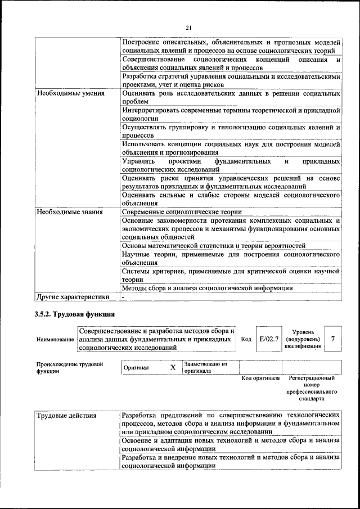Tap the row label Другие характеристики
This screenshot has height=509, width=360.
click(73, 296)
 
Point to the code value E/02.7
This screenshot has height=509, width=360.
click(269, 339)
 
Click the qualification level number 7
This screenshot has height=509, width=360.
click(334, 339)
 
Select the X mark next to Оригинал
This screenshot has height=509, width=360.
click(173, 367)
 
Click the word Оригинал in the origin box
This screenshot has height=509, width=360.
click(136, 368)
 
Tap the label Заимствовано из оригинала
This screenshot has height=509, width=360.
click(205, 368)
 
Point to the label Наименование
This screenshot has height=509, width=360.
click(55, 340)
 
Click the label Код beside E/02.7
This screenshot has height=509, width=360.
click(246, 340)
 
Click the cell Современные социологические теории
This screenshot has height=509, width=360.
click(182, 212)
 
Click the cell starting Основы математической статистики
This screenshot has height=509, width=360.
click(213, 246)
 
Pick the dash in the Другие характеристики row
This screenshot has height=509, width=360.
click(123, 296)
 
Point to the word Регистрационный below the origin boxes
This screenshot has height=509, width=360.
click(310, 379)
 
